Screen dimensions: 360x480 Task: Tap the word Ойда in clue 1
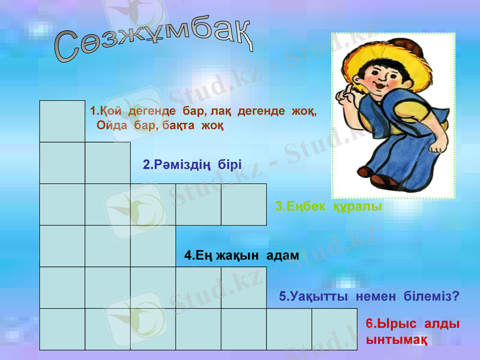(111, 126)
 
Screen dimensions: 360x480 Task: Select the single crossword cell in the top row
(62, 121)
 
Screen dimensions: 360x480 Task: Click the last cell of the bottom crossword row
(334, 329)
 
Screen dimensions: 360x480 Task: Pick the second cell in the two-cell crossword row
(108, 163)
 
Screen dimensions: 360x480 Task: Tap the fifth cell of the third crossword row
(244, 204)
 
